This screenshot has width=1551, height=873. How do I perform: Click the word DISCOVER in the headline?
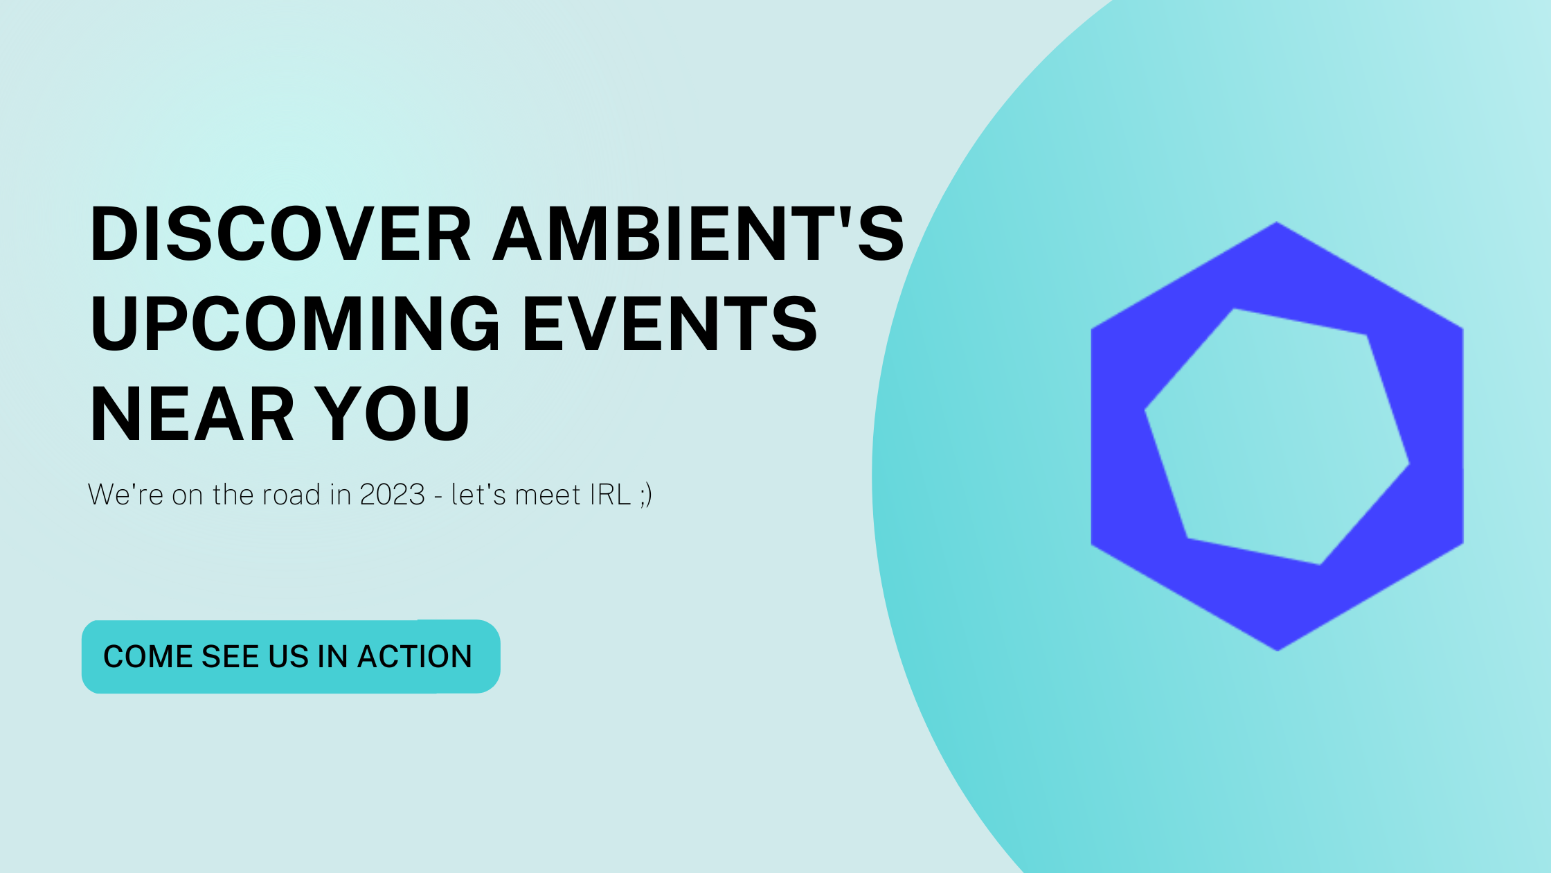point(280,234)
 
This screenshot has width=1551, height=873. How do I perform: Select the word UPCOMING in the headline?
point(295,324)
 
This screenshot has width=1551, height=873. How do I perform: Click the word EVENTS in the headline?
point(670,324)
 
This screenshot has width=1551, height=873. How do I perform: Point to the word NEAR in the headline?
point(192,414)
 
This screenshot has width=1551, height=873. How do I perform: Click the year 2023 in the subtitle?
point(392,495)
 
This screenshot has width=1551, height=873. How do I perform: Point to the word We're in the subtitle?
point(125,495)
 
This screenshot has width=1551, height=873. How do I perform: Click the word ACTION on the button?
point(414,657)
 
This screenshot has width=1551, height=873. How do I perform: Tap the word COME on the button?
point(147,657)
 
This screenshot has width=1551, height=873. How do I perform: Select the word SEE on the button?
point(231,657)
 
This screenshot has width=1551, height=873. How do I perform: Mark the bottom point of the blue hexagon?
point(1277,647)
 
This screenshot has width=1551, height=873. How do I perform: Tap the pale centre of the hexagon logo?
point(1277,436)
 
